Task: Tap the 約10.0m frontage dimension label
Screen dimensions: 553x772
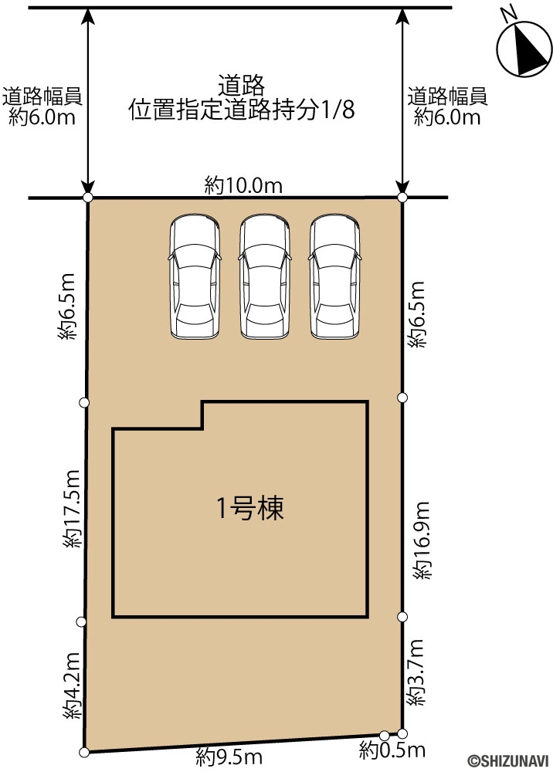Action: (244, 186)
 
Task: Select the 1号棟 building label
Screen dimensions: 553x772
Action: (250, 508)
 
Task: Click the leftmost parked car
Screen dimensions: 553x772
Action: (195, 276)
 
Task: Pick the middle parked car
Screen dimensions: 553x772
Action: (265, 276)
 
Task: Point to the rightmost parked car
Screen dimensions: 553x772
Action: (335, 276)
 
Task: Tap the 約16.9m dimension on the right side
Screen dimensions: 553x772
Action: (421, 540)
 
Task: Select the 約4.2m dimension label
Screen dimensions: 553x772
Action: (71, 686)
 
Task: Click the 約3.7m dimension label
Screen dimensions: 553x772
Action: (415, 672)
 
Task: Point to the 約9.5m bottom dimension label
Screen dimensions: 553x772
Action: (229, 757)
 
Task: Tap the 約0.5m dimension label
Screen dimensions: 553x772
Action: (392, 750)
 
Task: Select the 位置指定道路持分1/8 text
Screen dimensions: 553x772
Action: (242, 110)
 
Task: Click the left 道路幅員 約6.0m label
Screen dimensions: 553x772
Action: (42, 107)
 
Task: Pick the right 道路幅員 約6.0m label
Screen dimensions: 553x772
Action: (447, 107)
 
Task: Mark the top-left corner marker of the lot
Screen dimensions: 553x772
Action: (87, 198)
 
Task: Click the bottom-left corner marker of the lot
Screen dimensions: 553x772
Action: (84, 752)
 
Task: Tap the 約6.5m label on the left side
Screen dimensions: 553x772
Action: (66, 306)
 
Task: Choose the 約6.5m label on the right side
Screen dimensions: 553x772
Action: (416, 315)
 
